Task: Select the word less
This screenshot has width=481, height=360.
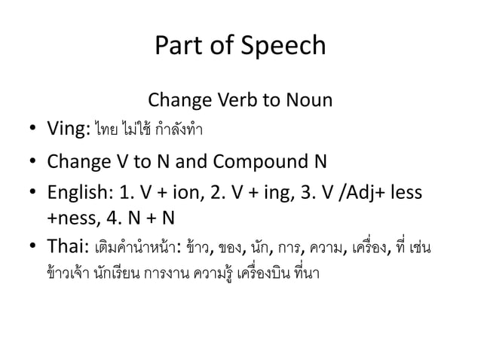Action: (406, 193)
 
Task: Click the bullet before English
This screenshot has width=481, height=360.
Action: (34, 194)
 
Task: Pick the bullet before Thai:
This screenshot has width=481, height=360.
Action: (34, 246)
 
